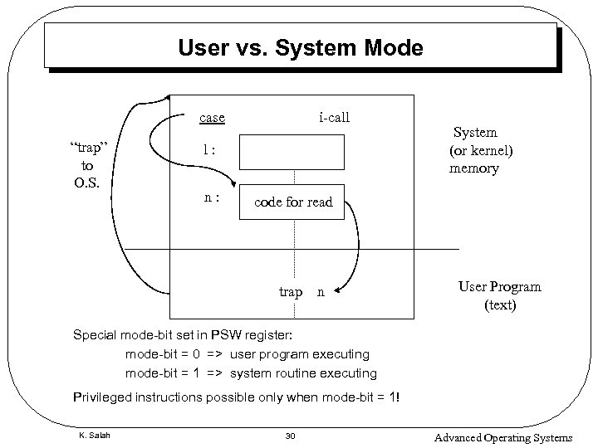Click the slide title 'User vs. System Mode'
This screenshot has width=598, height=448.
[x=300, y=48]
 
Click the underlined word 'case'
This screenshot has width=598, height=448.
[x=212, y=117]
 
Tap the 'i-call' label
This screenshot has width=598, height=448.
[x=334, y=117]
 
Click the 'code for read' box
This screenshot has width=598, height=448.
[x=292, y=202]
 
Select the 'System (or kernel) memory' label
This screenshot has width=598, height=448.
[x=481, y=150]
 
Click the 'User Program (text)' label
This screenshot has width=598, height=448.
[x=499, y=295]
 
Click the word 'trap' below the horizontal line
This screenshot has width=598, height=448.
[x=291, y=292]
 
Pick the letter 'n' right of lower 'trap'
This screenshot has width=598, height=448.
[x=321, y=292]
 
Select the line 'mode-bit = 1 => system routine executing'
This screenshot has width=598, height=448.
[x=250, y=373]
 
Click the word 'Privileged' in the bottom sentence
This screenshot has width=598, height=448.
[x=103, y=397]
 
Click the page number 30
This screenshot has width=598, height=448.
[x=290, y=436]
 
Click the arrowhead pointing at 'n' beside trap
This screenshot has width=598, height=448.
[x=336, y=292]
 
